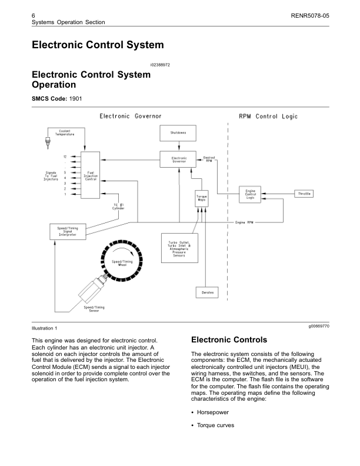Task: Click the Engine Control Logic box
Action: click(250, 194)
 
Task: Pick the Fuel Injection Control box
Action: click(91, 175)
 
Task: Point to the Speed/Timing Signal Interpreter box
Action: click(68, 231)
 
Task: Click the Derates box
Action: click(207, 292)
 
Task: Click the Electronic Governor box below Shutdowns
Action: click(179, 159)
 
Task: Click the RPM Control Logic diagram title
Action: click(268, 116)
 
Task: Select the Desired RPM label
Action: click(209, 159)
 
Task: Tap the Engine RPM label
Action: click(244, 222)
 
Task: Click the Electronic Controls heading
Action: click(229, 340)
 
